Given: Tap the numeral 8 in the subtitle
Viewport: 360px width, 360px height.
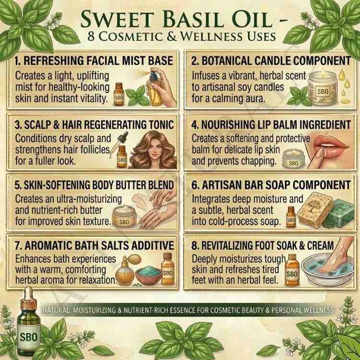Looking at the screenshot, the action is [91, 36].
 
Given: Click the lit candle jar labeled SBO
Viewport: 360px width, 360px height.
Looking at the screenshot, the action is [323, 88].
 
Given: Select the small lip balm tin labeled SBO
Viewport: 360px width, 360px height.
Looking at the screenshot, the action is [293, 158].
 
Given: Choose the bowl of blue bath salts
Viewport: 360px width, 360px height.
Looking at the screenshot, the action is [148, 275].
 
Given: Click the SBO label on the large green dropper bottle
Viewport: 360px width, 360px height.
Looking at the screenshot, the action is [29, 337].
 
